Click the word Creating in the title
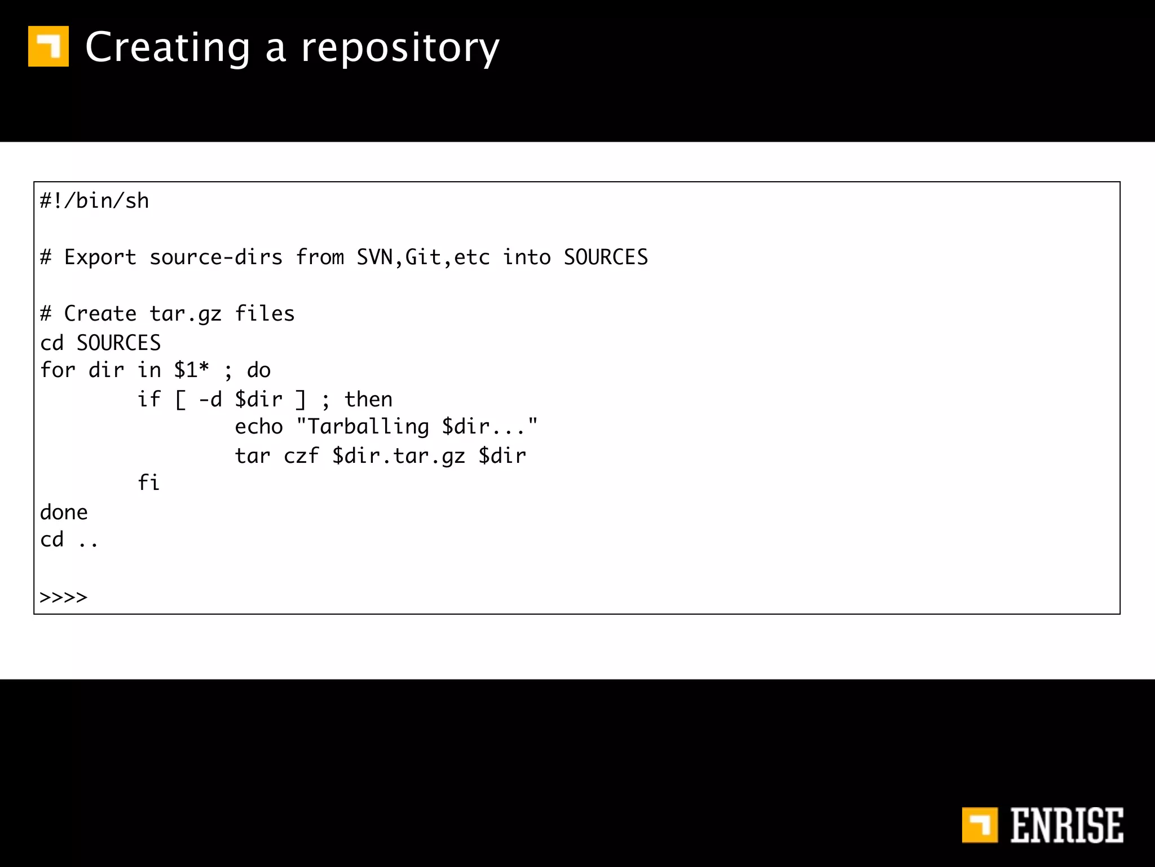(x=167, y=48)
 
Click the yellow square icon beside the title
(x=49, y=46)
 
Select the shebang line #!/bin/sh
(x=94, y=201)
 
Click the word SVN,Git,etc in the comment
(x=423, y=257)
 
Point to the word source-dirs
(x=215, y=257)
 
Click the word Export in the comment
(x=100, y=257)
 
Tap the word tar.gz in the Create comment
(x=186, y=314)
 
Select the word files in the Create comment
(x=264, y=314)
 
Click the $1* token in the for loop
(x=191, y=370)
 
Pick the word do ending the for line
(x=259, y=370)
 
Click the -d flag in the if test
(x=210, y=400)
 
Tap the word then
(x=368, y=400)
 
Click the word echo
(x=259, y=427)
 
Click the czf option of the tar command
(x=301, y=456)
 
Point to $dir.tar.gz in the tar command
(x=399, y=456)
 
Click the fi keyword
(x=149, y=483)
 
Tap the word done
(x=64, y=513)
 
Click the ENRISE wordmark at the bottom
(x=1066, y=825)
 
